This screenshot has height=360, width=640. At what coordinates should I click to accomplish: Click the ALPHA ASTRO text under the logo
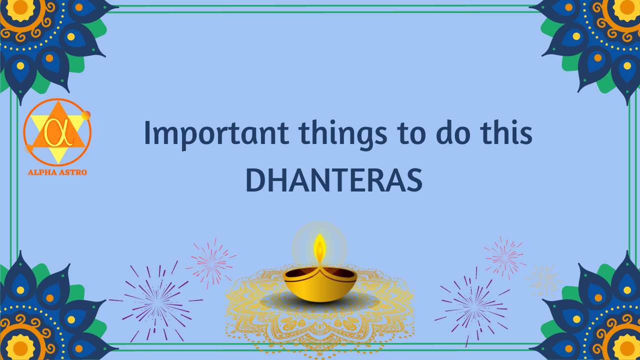pyautogui.click(x=57, y=172)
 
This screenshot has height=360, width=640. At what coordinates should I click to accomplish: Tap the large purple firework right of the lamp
pyautogui.click(x=472, y=305)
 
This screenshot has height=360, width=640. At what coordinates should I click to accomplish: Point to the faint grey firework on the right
pyautogui.click(x=543, y=280)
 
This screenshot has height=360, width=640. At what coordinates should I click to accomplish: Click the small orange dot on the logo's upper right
pyautogui.click(x=86, y=115)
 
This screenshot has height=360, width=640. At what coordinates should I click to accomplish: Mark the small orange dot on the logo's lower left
pyautogui.click(x=29, y=148)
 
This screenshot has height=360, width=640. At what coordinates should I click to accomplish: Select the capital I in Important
pyautogui.click(x=147, y=134)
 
